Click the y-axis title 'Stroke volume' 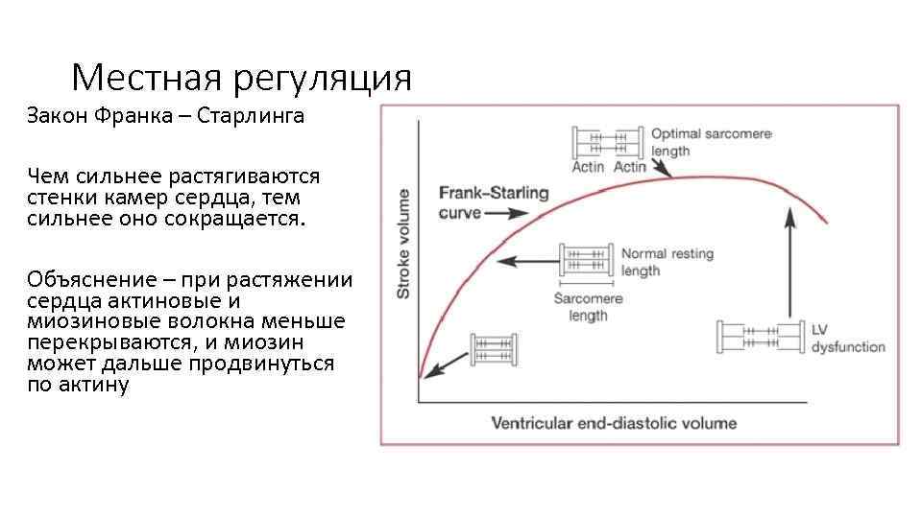click(x=403, y=243)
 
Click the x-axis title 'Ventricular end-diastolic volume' click(x=614, y=423)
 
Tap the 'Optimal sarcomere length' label click(x=711, y=142)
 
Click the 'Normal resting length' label click(x=667, y=262)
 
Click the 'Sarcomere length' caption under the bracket click(x=588, y=307)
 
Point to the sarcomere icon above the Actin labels click(x=607, y=143)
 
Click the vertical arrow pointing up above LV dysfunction click(x=790, y=263)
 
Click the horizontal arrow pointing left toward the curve click(x=531, y=259)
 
